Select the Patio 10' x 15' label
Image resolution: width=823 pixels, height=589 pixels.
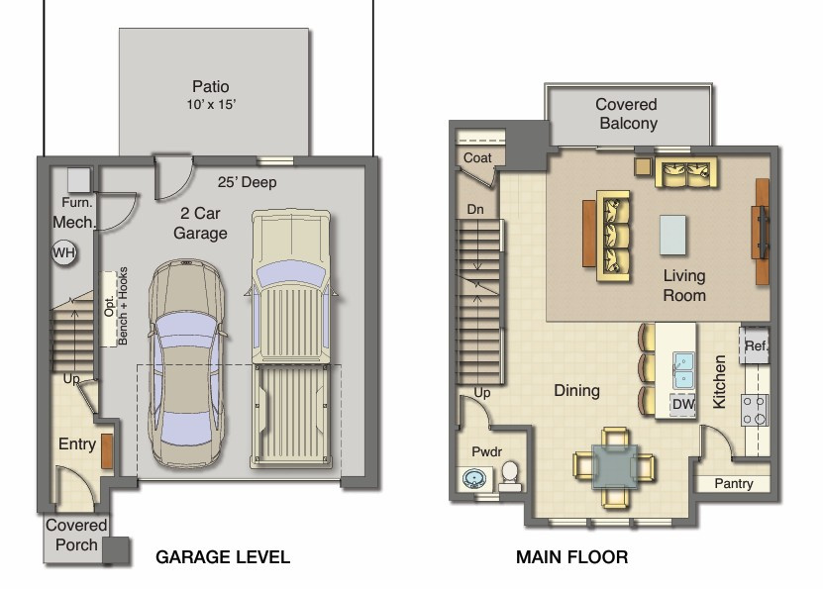coord(212,95)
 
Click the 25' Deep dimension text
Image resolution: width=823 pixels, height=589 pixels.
coord(247,182)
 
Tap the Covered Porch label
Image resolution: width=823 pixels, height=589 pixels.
coord(76,536)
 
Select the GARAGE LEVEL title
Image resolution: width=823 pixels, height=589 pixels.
coord(223,557)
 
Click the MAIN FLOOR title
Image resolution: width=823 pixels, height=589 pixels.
coord(571,557)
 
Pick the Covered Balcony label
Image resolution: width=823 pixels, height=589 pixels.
coord(626,114)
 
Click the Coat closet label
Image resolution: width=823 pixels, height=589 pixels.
coord(477,158)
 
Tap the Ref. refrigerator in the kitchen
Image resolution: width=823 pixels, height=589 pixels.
coord(756,345)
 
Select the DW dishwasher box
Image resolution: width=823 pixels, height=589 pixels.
coord(682,404)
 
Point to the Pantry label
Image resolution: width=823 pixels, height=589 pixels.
coord(733,484)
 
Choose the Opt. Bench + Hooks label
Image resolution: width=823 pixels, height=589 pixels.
coord(116,306)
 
